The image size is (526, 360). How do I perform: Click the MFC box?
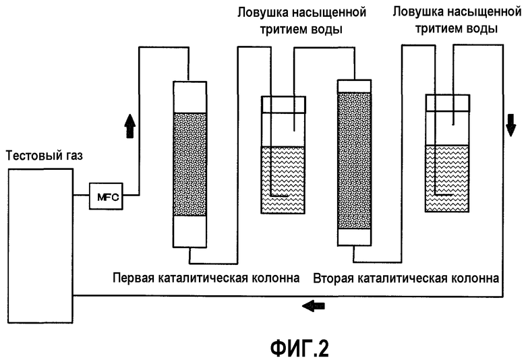click(x=106, y=196)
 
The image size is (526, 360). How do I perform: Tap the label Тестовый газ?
click(x=43, y=156)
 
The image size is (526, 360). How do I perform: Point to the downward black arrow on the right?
click(x=510, y=123)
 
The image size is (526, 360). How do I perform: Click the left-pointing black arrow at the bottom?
click(x=313, y=305)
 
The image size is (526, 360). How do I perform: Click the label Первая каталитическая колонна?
click(x=206, y=278)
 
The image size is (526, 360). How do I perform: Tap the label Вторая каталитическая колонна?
click(x=406, y=278)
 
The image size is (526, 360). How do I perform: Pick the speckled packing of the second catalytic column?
click(x=354, y=160)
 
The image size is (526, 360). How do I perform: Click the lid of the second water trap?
click(x=448, y=102)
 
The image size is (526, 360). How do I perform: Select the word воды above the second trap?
click(x=484, y=29)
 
